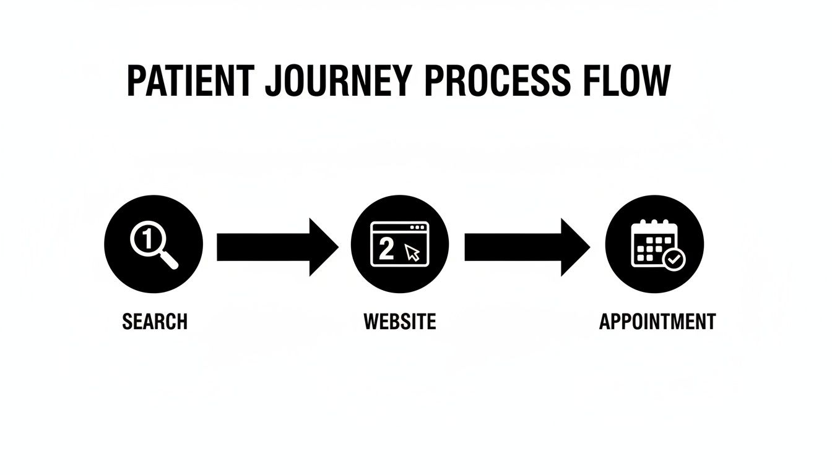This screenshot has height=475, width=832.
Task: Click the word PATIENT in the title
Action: pyautogui.click(x=189, y=80)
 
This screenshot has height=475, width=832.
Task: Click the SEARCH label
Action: pyautogui.click(x=155, y=322)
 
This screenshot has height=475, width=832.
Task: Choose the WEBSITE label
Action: pyautogui.click(x=400, y=322)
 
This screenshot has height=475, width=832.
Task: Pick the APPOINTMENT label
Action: pyautogui.click(x=657, y=322)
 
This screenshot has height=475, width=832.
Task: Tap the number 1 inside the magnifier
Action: pyautogui.click(x=147, y=238)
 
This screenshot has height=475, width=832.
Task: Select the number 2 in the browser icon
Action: pyautogui.click(x=386, y=249)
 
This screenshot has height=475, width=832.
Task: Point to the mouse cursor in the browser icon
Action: pyautogui.click(x=412, y=251)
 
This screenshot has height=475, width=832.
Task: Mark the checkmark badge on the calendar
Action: pyautogui.click(x=674, y=260)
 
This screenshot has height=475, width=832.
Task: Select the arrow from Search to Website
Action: pyautogui.click(x=277, y=247)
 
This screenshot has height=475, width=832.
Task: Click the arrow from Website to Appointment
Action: pyautogui.click(x=527, y=247)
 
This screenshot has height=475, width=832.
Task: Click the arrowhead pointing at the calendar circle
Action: pyautogui.click(x=574, y=247)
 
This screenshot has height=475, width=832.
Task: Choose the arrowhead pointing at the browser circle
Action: pyautogui.click(x=323, y=247)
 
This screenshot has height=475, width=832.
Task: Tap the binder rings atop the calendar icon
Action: pyautogui.click(x=654, y=222)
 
